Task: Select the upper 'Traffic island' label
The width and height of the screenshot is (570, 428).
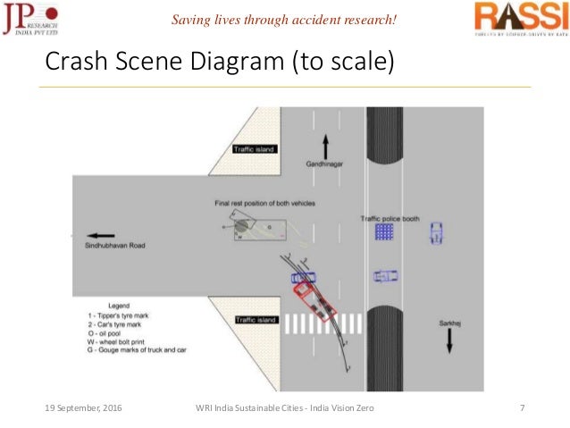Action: (x=255, y=148)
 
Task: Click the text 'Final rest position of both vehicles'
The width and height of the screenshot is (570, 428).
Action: (x=264, y=204)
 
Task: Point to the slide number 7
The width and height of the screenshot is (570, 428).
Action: (x=522, y=407)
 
